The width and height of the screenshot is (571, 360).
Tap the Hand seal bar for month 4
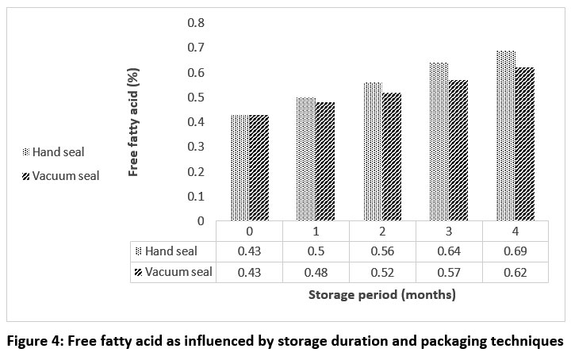506,136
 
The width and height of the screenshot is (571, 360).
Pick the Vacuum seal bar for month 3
458,151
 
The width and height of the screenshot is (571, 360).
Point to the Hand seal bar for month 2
373,151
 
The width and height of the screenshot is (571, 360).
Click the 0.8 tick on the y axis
196,22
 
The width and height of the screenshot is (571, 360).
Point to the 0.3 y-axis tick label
196,147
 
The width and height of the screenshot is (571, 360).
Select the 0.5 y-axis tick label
196,97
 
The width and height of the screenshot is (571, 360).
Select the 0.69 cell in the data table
515,251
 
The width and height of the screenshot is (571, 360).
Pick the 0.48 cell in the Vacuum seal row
316,272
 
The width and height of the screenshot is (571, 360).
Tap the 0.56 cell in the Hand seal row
382,251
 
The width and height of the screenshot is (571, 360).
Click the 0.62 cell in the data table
515,272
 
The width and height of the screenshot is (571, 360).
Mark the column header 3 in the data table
449,232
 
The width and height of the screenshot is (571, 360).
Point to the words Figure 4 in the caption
38,342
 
